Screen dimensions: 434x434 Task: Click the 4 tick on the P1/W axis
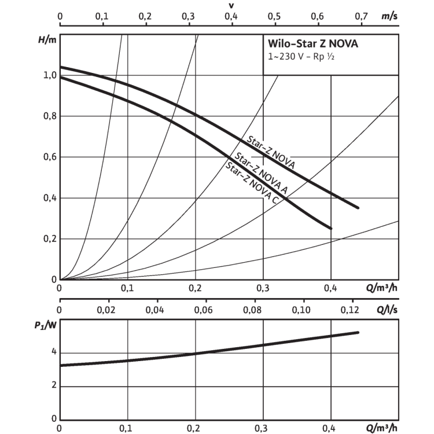(x=54, y=352)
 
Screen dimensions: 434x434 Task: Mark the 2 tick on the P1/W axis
(x=54, y=385)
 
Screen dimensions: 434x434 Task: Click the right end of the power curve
(x=358, y=332)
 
